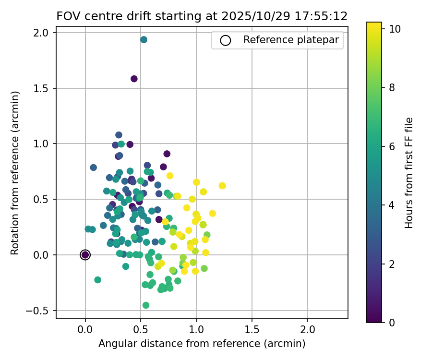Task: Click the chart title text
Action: (202, 16)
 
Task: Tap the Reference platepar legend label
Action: (294, 40)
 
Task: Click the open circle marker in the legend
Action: (226, 40)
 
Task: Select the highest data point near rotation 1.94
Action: (144, 39)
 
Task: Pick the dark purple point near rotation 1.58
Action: (134, 79)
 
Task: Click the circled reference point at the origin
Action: (85, 255)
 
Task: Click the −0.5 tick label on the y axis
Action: (42, 311)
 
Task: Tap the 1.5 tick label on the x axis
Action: (252, 330)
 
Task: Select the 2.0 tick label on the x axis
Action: (308, 330)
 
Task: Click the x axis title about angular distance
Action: (202, 344)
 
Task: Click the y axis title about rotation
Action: (15, 173)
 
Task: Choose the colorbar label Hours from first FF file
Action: (409, 173)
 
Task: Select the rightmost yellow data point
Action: (222, 186)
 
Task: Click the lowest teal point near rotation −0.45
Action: (146, 305)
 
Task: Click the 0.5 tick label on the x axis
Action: (141, 330)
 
